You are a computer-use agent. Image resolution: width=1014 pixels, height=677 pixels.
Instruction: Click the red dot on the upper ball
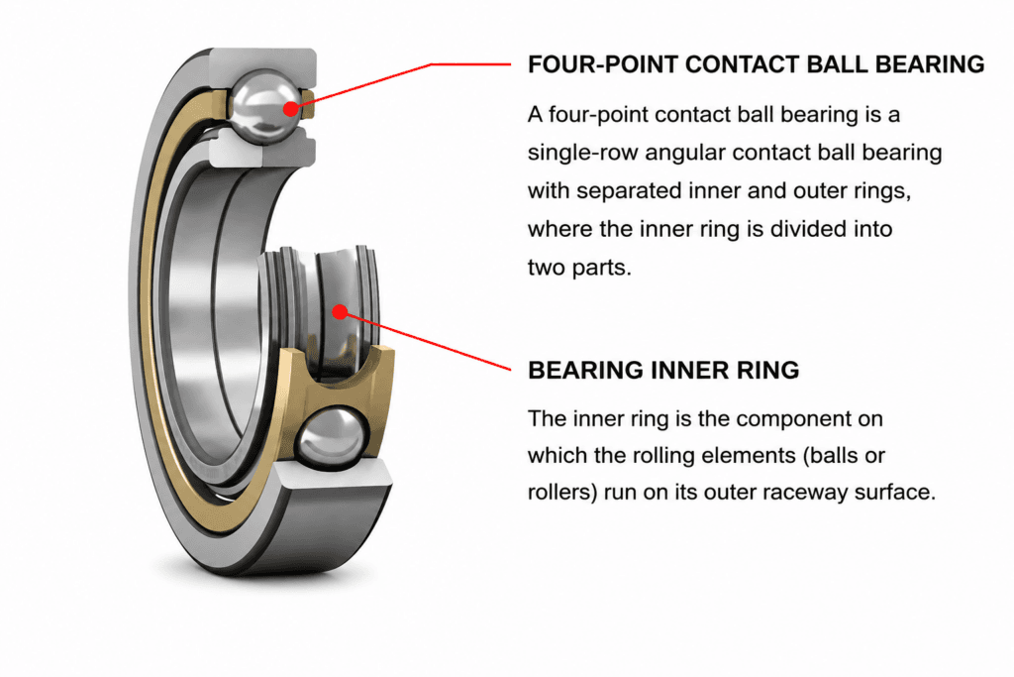click(x=291, y=108)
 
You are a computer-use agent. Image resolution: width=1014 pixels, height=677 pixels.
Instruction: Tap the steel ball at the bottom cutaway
click(x=332, y=437)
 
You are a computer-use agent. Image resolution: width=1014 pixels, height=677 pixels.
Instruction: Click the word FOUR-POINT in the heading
click(x=603, y=64)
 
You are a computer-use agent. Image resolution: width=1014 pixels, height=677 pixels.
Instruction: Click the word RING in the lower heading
click(x=768, y=370)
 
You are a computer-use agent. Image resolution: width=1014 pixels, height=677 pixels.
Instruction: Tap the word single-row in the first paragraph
click(x=582, y=154)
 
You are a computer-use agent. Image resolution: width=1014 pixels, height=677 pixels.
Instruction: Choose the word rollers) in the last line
click(x=562, y=493)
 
